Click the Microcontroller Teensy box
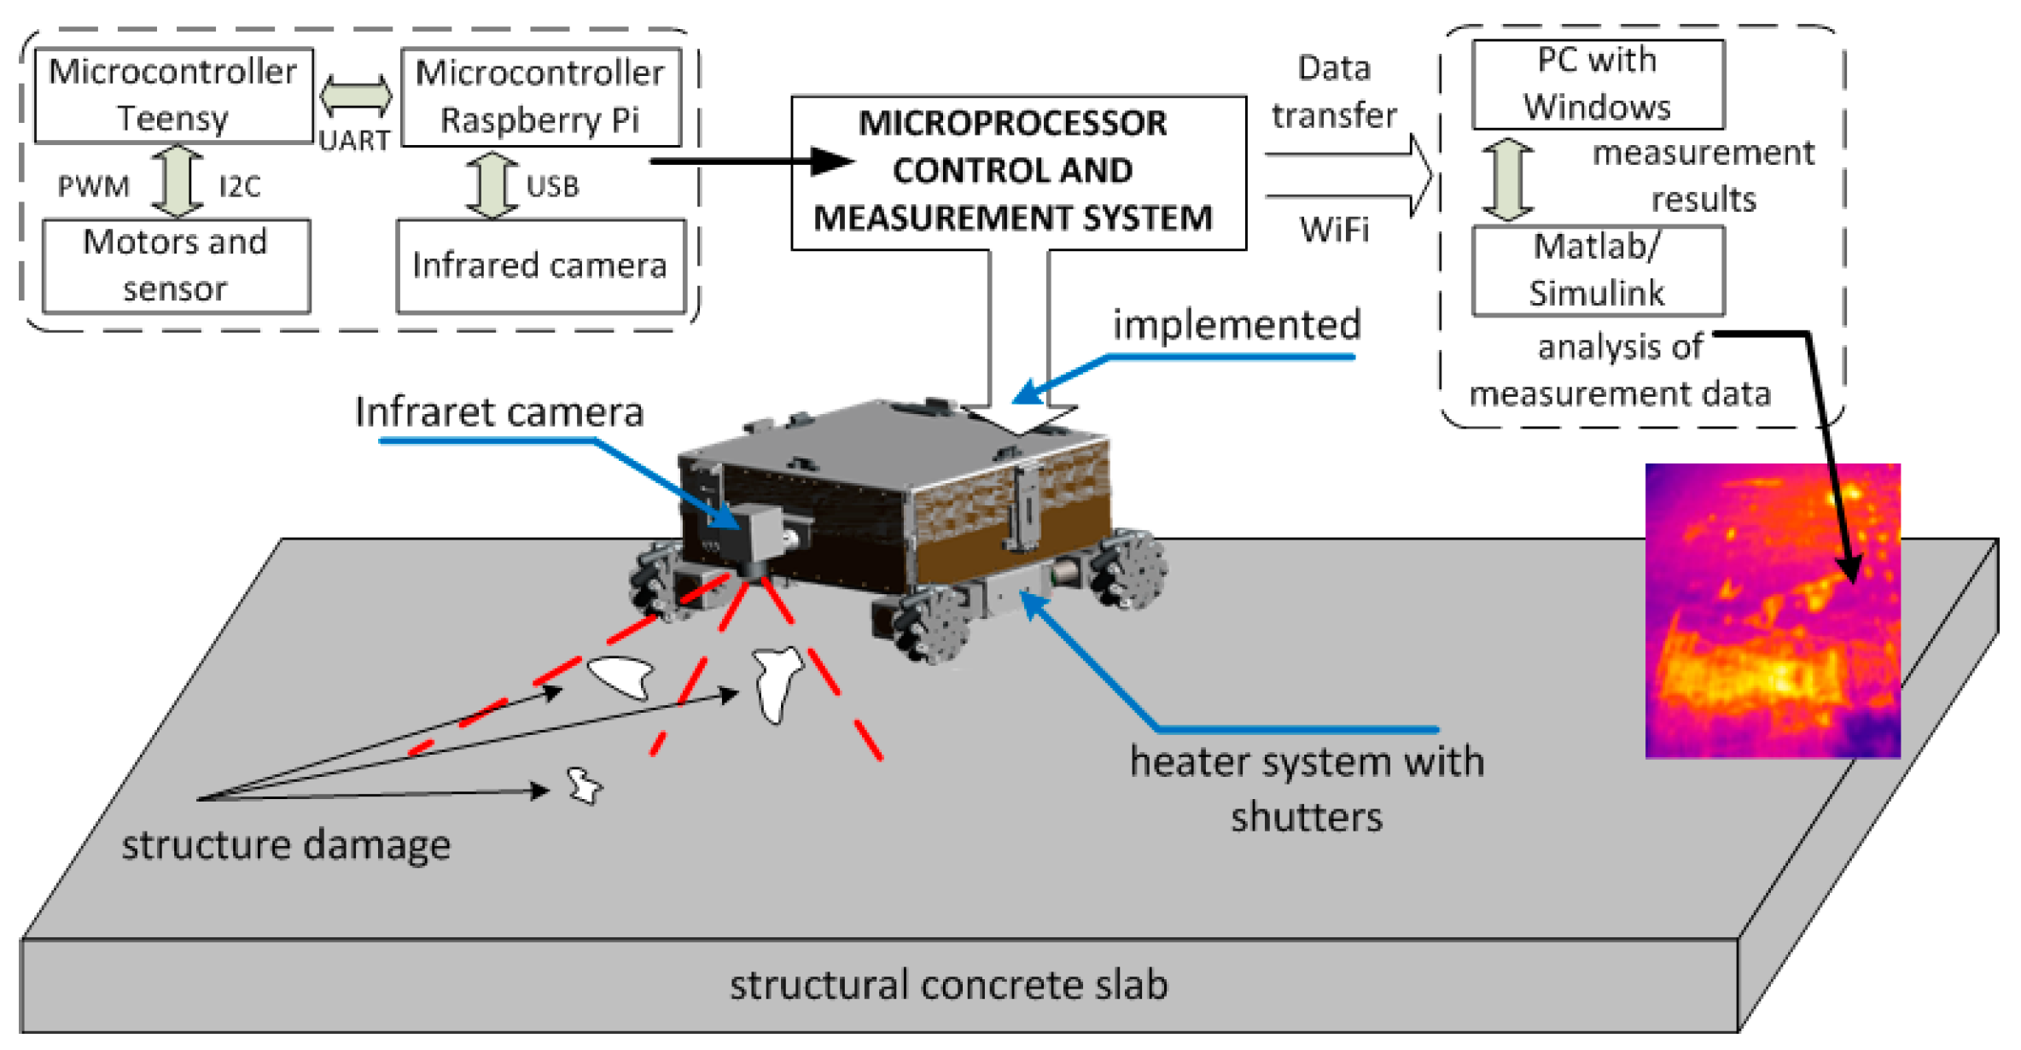tap(173, 95)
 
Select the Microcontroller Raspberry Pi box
tap(540, 96)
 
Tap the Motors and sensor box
tap(176, 265)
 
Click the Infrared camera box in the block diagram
tap(540, 265)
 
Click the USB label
tap(552, 186)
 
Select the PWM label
tap(93, 186)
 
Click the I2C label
tap(239, 186)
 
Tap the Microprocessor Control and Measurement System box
tap(1017, 172)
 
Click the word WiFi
tap(1334, 230)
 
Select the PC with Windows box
tap(1598, 84)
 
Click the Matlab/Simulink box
tap(1598, 270)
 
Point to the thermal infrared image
tap(1772, 610)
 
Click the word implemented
tap(1236, 325)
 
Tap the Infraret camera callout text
tap(499, 412)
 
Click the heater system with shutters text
tap(1306, 788)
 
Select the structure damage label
tap(286, 845)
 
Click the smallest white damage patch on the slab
tap(585, 785)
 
